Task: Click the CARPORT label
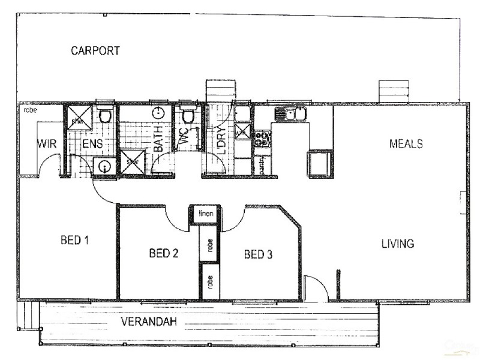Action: tap(95, 50)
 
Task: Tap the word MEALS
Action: tap(406, 144)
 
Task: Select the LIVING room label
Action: tap(397, 244)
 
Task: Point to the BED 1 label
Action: tap(75, 241)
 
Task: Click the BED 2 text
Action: tap(163, 254)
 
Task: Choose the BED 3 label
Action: tap(259, 254)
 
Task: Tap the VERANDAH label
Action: tap(149, 322)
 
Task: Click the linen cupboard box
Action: tap(203, 214)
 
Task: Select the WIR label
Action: tap(47, 145)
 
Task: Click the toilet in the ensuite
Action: tap(105, 115)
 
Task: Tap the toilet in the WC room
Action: tap(188, 115)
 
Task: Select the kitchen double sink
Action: tap(290, 113)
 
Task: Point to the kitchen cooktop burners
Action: tap(262, 139)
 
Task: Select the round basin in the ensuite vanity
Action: tap(104, 166)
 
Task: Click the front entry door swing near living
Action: tap(315, 288)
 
